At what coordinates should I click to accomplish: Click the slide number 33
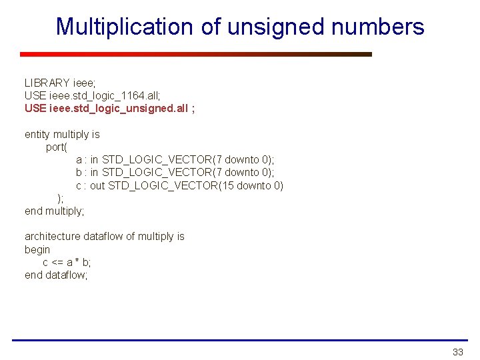[457, 351]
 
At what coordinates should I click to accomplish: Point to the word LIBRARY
[47, 83]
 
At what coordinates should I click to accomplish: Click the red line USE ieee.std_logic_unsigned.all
[109, 108]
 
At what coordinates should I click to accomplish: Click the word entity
[37, 135]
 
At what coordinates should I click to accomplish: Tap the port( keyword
[57, 147]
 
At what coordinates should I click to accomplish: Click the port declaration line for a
[175, 160]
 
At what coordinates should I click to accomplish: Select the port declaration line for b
[175, 173]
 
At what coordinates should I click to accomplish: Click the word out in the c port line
[97, 185]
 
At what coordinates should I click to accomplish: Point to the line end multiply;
[55, 211]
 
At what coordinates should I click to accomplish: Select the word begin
[37, 249]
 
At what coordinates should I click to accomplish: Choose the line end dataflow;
[56, 275]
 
